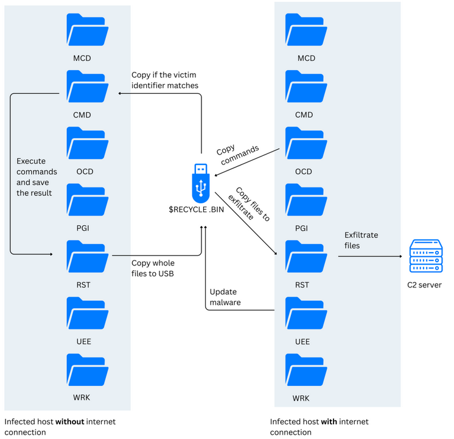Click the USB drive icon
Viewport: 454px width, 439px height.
tap(201, 183)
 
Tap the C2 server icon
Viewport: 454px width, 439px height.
tap(425, 256)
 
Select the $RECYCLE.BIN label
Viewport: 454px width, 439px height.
tap(201, 209)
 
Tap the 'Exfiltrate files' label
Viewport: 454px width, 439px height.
tap(361, 239)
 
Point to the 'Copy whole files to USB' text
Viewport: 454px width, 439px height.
tap(153, 268)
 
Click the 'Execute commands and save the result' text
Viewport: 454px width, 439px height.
tap(33, 177)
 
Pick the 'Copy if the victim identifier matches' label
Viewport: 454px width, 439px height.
tap(165, 80)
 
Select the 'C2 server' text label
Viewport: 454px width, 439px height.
tap(425, 284)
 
